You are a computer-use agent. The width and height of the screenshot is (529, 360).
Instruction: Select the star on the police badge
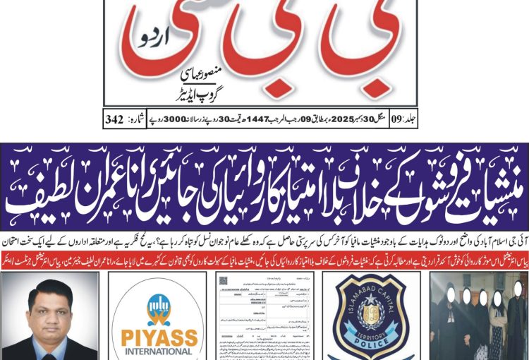[372, 308]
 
